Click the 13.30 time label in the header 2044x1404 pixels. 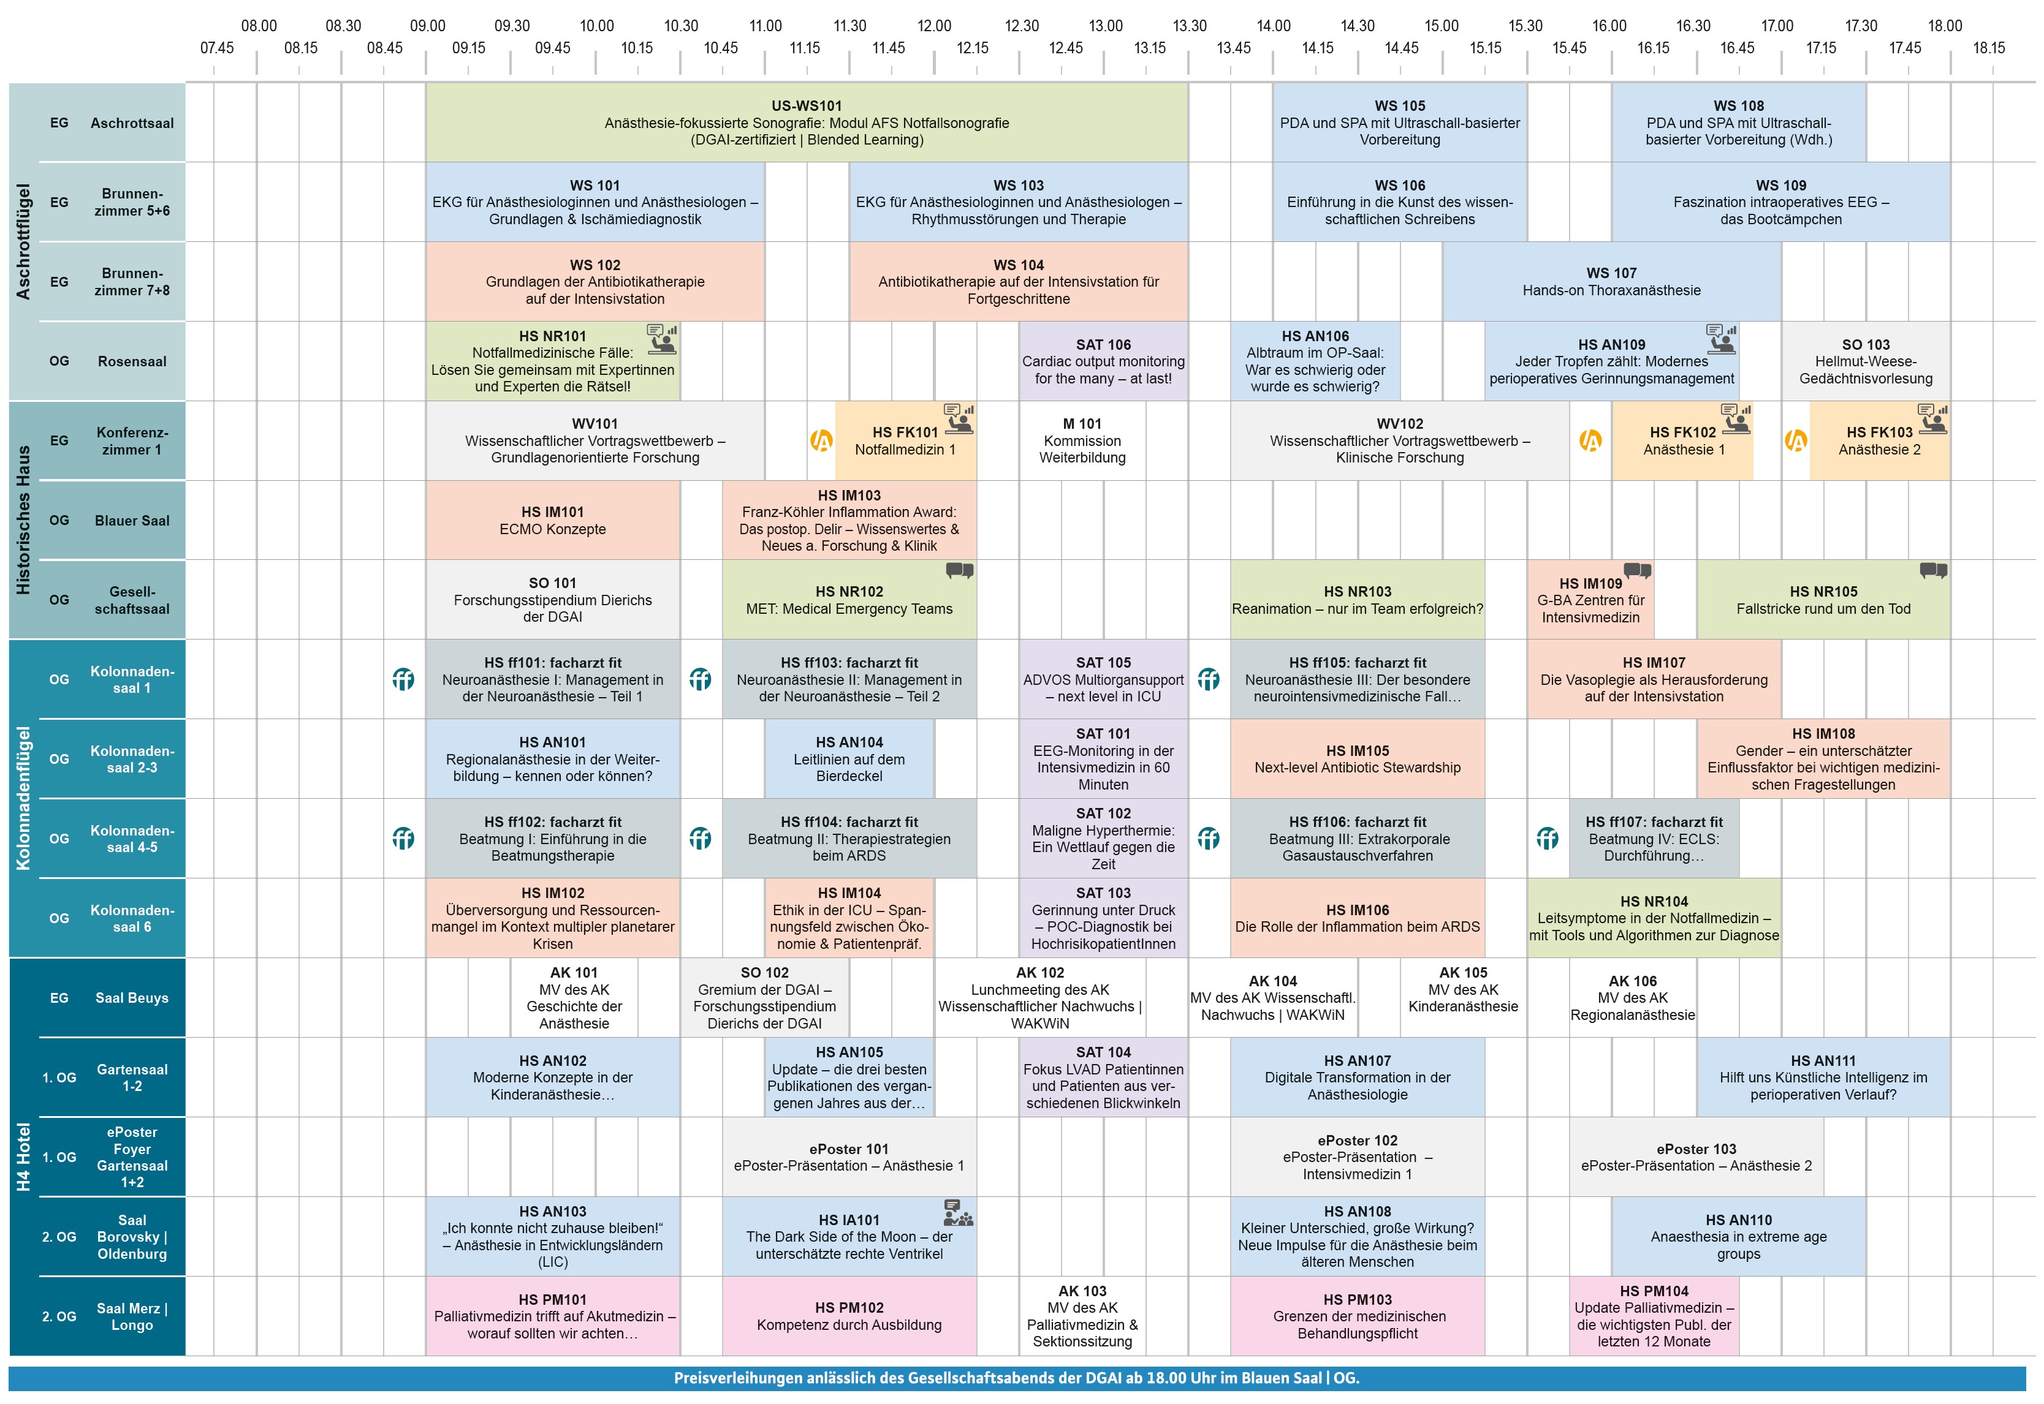1190,26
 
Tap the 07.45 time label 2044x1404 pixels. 216,48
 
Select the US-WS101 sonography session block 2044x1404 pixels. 807,123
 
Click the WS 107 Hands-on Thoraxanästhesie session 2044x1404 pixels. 1611,282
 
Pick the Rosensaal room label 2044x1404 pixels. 132,361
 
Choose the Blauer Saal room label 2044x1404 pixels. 132,521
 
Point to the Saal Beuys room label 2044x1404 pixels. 132,998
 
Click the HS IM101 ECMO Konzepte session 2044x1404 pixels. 553,521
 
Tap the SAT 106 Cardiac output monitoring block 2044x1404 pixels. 1103,361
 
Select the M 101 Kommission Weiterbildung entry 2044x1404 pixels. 1082,440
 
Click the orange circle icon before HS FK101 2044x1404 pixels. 821,440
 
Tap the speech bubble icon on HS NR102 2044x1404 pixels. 959,571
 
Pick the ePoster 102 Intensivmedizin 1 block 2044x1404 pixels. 1357,1157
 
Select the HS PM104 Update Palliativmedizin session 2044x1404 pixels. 1654,1316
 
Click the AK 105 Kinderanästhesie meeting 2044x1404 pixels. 1462,990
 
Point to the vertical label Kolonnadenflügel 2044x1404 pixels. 23,798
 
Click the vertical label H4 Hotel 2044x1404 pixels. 23,1157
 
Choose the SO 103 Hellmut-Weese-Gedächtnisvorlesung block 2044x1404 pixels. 1866,361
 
